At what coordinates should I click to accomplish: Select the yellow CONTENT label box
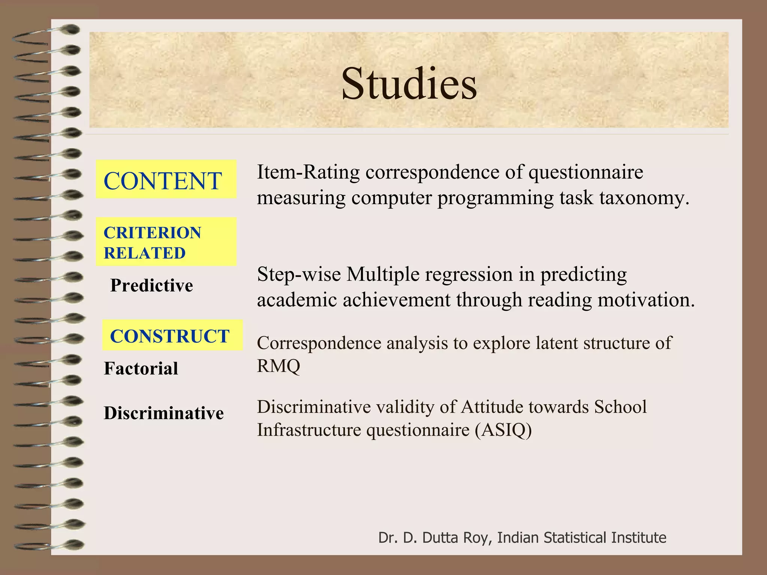(x=166, y=179)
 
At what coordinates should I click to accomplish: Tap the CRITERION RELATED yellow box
(x=166, y=242)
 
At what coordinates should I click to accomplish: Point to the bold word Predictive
(x=152, y=286)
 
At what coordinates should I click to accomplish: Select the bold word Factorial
(x=141, y=368)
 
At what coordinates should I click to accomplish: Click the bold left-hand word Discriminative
(x=164, y=413)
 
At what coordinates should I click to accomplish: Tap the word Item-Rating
(x=308, y=173)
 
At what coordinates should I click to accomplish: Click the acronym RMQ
(x=278, y=366)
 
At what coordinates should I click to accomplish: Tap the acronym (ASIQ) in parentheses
(x=503, y=430)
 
